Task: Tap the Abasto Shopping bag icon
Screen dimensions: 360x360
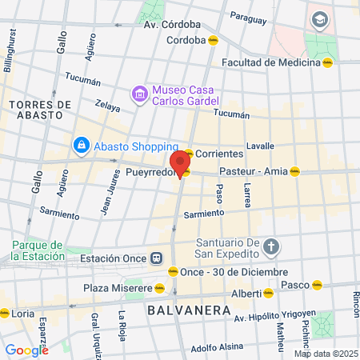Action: (81, 146)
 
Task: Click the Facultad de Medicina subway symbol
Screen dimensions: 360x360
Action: (327, 62)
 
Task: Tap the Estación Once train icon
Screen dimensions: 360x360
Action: (156, 258)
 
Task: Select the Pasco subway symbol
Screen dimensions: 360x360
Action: (318, 284)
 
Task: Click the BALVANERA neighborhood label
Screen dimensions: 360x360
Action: (178, 307)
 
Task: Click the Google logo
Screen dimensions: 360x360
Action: (26, 350)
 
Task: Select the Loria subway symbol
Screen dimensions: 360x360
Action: (6, 314)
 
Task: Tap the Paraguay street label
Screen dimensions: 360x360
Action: (247, 15)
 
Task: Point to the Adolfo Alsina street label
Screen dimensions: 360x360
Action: (216, 347)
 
